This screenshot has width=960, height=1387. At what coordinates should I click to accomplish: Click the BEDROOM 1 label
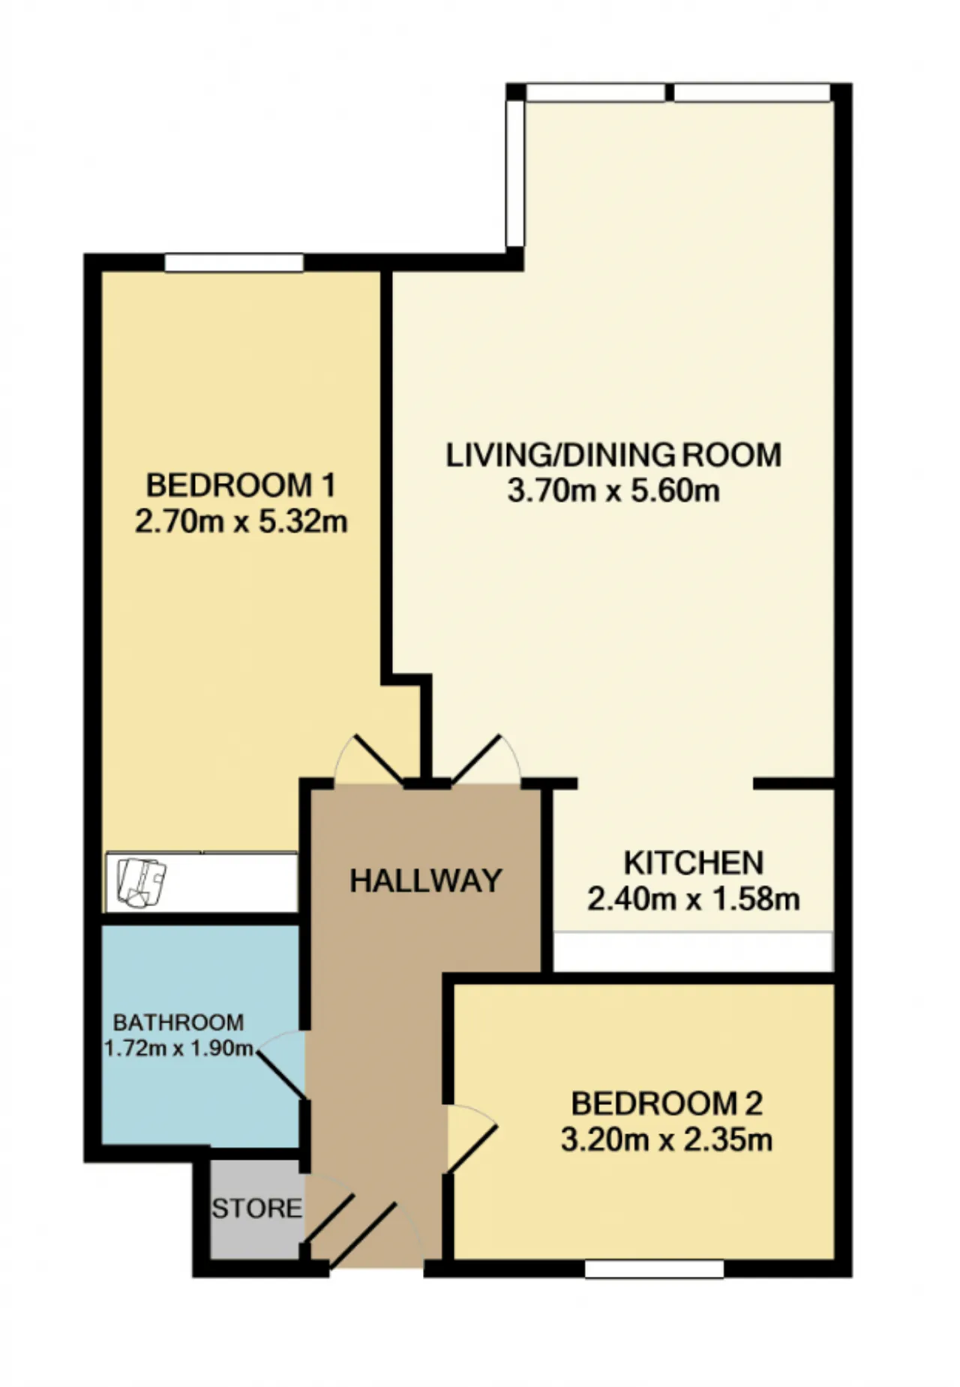click(241, 485)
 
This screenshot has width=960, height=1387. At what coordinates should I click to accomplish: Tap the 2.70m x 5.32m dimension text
click(241, 521)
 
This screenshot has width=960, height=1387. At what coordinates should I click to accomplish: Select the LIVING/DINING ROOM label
click(613, 455)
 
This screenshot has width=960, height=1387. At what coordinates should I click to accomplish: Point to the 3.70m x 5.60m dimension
click(613, 491)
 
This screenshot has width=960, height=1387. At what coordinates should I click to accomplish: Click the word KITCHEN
click(694, 863)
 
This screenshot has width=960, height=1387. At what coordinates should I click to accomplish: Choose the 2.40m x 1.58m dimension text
click(694, 898)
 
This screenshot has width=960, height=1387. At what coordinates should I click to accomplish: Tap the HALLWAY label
click(426, 881)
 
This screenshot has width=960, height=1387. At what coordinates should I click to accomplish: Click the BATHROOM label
click(178, 1022)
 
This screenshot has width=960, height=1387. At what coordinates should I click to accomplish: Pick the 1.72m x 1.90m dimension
click(178, 1048)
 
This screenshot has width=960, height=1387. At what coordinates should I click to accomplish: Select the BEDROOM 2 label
click(667, 1103)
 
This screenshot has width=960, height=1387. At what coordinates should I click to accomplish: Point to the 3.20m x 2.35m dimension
click(667, 1140)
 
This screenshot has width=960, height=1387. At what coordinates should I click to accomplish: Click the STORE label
click(256, 1208)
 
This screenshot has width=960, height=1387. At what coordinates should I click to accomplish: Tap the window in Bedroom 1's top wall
click(234, 263)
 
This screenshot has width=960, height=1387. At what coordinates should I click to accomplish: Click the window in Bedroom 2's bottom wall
click(654, 1269)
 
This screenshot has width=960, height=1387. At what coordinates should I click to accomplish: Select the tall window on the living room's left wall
click(515, 173)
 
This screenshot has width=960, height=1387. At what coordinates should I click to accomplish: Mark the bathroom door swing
click(283, 1064)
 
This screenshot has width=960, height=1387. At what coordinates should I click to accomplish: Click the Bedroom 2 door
click(471, 1137)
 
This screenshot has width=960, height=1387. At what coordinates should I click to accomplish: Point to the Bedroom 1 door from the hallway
click(369, 759)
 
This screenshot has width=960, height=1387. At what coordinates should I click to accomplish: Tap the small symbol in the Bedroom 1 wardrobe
click(142, 883)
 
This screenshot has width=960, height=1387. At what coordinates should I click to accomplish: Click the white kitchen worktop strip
click(693, 951)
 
